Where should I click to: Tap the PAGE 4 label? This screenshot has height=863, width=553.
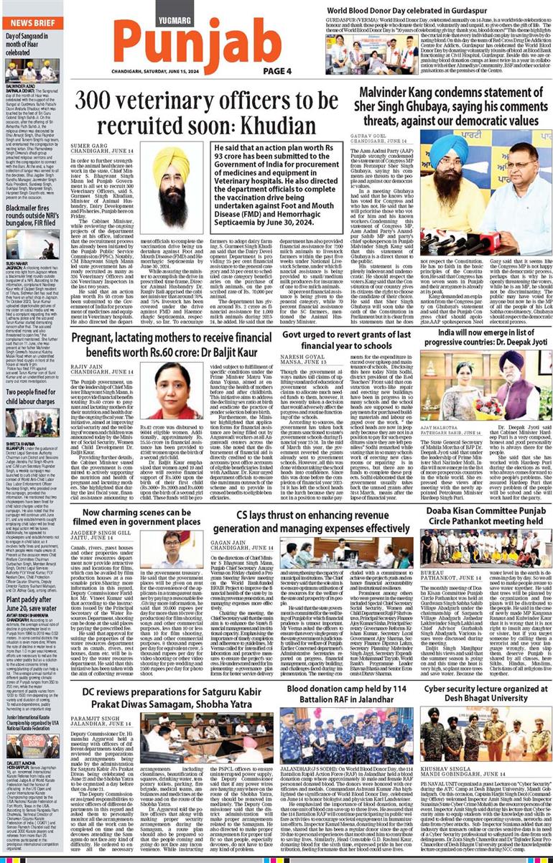coord(276,70)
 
